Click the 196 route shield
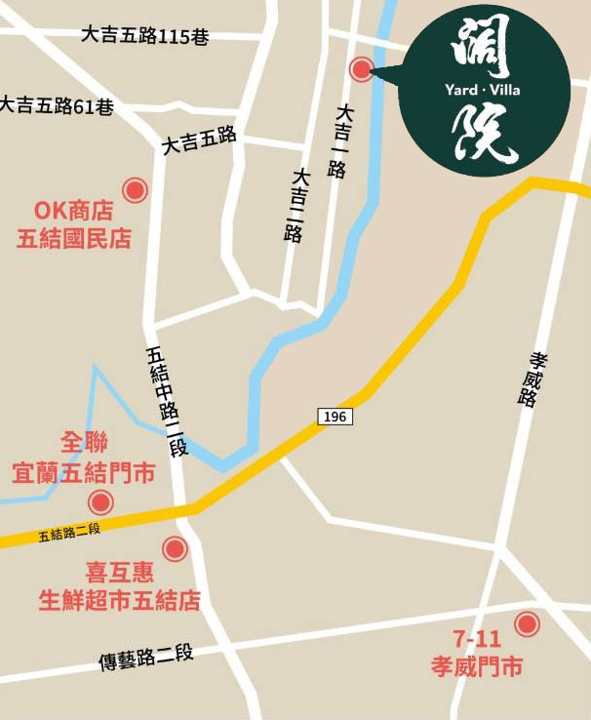[335, 417]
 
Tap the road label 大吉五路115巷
[145, 36]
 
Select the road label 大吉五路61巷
[57, 105]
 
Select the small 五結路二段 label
[70, 533]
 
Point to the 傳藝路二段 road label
[146, 659]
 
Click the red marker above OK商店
[135, 190]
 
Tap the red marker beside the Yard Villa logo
[362, 68]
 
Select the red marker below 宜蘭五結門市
[100, 503]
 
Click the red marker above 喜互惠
[176, 549]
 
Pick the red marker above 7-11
[528, 623]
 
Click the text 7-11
[477, 641]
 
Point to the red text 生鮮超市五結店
[119, 599]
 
